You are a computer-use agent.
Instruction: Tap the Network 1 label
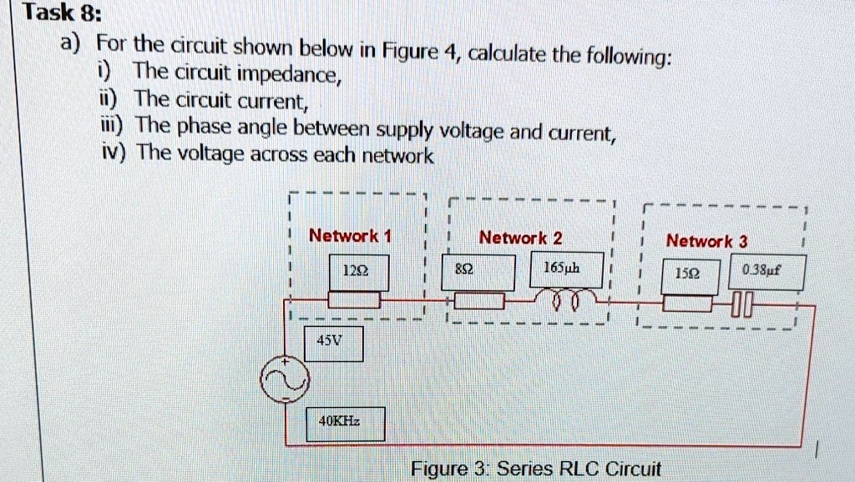[350, 236]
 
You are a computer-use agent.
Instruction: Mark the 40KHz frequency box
[345, 423]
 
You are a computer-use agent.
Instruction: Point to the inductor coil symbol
[568, 300]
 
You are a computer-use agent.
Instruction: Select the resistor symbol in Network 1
[353, 299]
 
